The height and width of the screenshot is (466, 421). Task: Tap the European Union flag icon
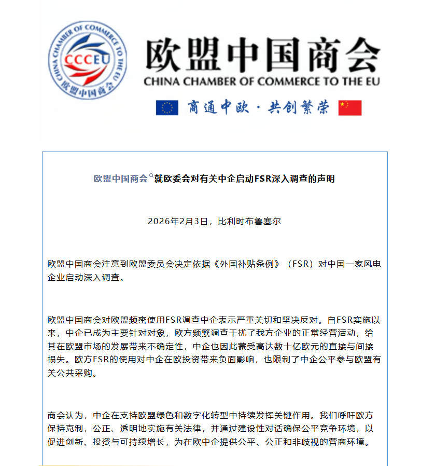point(167,107)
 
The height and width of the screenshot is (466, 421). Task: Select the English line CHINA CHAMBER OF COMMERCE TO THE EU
point(261,81)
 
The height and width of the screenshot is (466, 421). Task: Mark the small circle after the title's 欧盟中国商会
point(151,175)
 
